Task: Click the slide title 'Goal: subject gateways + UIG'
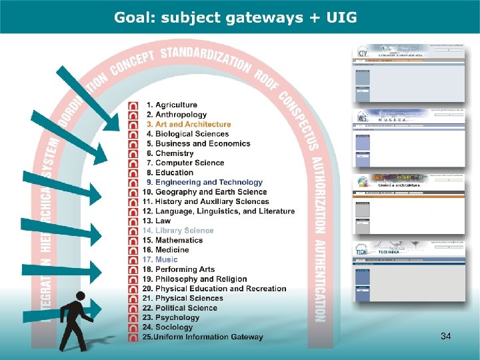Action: tap(235, 17)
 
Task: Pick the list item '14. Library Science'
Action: tap(178, 231)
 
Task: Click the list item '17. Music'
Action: tap(159, 259)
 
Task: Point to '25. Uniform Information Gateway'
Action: tap(202, 337)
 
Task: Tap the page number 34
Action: tap(445, 337)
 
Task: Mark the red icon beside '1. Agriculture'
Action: tap(133, 105)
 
